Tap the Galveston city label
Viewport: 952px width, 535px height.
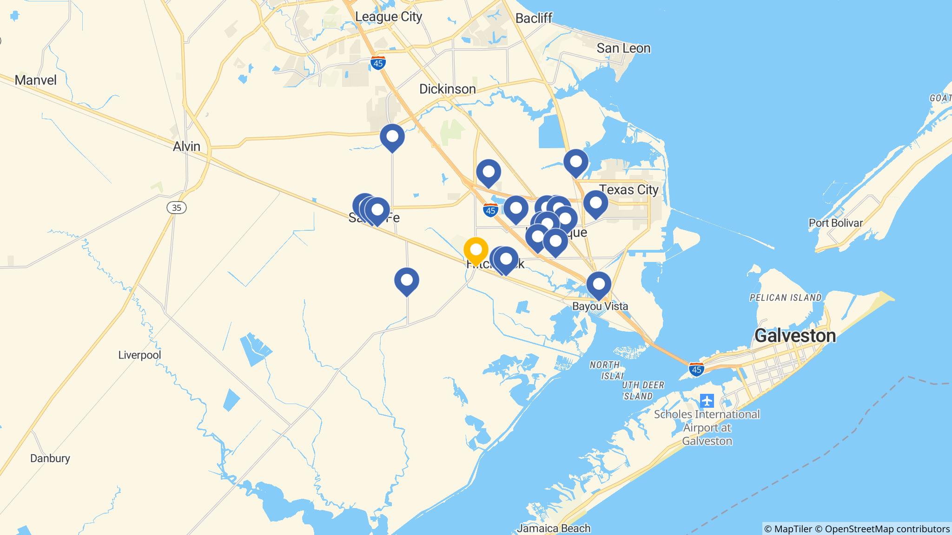point(795,335)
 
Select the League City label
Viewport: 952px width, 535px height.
point(389,17)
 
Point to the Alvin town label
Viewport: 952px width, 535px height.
point(186,146)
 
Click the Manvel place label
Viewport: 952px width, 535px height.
point(36,80)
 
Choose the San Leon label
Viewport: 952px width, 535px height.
point(623,48)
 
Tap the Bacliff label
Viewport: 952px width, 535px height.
point(534,18)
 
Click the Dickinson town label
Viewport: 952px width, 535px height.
point(447,89)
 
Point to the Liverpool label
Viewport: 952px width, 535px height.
point(139,355)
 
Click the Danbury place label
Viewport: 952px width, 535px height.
point(50,458)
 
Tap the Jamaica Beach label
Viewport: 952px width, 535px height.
point(554,528)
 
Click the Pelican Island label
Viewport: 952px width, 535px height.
point(786,297)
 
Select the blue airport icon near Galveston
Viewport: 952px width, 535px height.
point(707,400)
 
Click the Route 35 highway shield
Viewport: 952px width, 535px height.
point(177,208)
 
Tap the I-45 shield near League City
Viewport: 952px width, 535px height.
point(378,64)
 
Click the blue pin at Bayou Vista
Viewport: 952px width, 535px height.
point(599,284)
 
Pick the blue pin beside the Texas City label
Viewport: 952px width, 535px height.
point(595,203)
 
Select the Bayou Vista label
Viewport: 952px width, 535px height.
point(600,307)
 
